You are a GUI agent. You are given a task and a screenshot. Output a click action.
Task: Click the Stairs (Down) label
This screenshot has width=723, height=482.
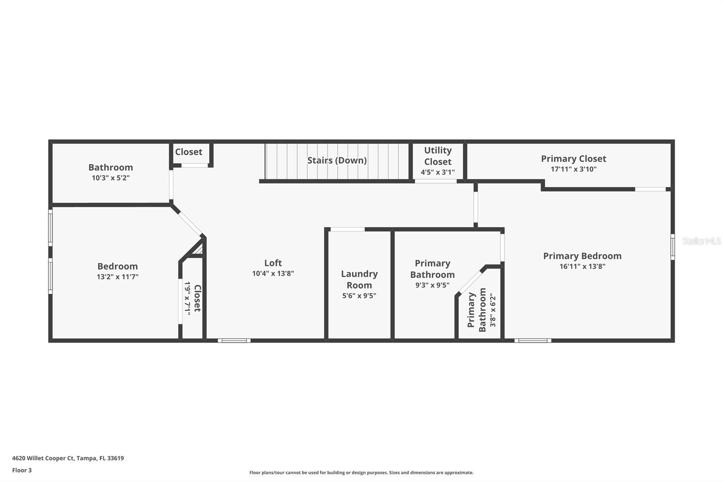click(x=337, y=161)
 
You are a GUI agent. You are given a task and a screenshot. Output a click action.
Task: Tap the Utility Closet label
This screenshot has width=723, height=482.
click(x=437, y=156)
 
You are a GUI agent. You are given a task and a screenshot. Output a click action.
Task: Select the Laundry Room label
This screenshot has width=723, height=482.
click(x=359, y=279)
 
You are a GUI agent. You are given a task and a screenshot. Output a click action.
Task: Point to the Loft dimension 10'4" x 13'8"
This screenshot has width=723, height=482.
click(x=273, y=274)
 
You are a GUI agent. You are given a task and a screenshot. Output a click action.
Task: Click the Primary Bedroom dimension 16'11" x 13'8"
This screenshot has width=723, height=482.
click(x=582, y=266)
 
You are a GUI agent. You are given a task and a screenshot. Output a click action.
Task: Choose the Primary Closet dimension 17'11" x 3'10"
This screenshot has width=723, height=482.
click(x=573, y=169)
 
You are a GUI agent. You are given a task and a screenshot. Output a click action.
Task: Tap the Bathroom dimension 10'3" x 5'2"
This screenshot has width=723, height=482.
click(x=111, y=178)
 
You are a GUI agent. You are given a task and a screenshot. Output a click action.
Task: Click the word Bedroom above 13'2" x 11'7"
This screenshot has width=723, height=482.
click(x=117, y=266)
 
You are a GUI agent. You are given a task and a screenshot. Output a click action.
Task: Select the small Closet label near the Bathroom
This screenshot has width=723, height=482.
click(x=188, y=152)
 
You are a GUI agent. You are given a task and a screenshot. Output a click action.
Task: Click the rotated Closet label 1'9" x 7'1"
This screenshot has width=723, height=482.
click(x=192, y=298)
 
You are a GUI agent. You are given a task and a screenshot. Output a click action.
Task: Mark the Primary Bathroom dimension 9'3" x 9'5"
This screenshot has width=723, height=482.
click(x=432, y=285)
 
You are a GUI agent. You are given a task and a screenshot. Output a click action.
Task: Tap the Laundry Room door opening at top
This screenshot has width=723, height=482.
click(x=347, y=229)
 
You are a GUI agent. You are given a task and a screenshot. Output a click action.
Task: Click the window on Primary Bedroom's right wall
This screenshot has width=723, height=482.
click(x=672, y=246)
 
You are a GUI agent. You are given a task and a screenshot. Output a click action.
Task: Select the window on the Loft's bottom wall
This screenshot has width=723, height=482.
click(x=234, y=340)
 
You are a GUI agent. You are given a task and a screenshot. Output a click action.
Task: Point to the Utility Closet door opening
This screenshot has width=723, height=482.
click(x=436, y=181)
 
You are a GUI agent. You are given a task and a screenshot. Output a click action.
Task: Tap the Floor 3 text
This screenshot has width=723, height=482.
click(x=22, y=470)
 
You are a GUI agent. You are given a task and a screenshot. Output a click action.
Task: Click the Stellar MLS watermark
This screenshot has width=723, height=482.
click(x=701, y=241)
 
